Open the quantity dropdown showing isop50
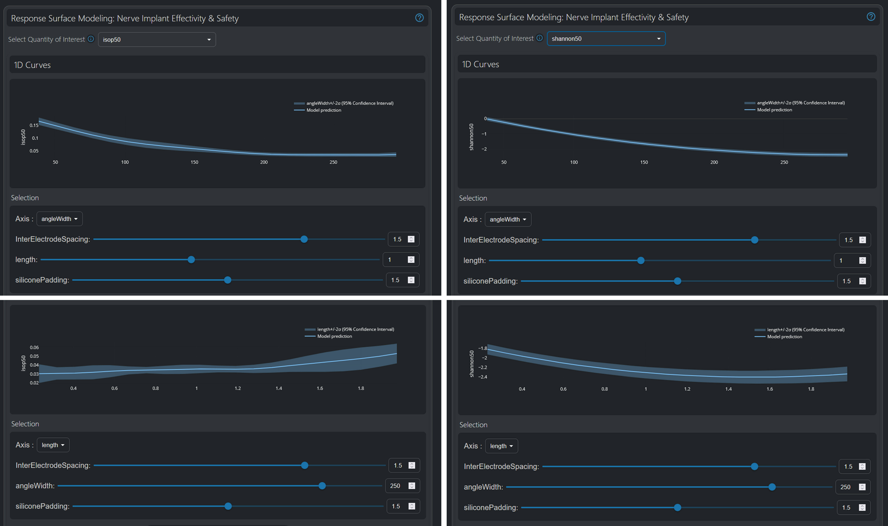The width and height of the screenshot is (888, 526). click(157, 39)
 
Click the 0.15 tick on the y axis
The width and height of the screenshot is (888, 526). click(34, 125)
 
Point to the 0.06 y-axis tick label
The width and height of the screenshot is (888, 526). click(34, 347)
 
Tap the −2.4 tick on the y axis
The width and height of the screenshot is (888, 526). click(482, 377)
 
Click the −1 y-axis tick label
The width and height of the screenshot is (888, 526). click(484, 134)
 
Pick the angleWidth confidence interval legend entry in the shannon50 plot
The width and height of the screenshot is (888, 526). click(795, 103)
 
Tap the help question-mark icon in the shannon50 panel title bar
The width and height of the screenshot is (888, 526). click(871, 17)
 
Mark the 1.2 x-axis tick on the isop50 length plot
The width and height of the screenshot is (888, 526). click(238, 388)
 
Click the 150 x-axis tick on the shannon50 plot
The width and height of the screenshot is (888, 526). click(644, 162)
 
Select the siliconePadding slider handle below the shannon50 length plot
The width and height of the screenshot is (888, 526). click(677, 507)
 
